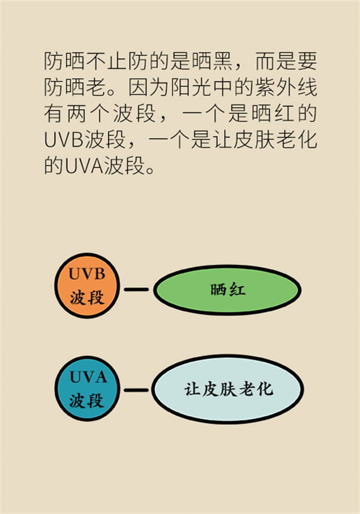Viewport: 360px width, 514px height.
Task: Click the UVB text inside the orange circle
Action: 86,274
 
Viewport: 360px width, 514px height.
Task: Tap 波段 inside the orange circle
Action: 86,297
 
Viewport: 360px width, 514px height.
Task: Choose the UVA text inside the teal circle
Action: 88,378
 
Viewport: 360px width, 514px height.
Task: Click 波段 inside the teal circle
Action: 86,401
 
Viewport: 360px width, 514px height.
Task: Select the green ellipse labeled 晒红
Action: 227,290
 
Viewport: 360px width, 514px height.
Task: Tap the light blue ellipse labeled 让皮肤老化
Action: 227,389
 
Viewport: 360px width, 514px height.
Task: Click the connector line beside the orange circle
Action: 136,290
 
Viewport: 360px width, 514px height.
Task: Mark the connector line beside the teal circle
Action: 136,390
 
